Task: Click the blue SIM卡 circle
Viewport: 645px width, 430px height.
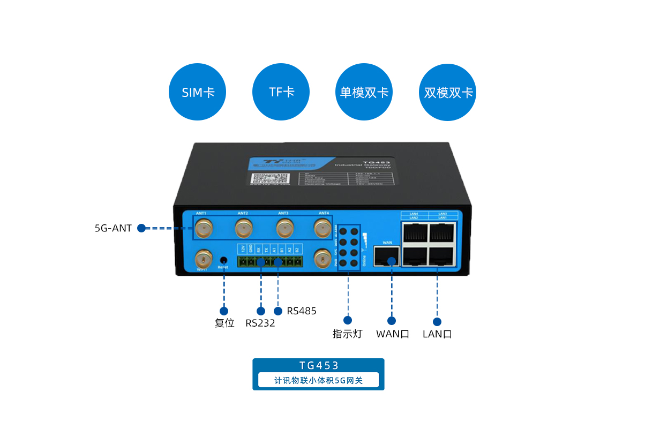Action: coord(198,92)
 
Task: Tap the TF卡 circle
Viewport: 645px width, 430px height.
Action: coord(281,92)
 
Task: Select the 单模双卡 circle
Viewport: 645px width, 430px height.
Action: coord(364,92)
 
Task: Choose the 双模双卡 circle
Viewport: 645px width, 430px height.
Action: coord(448,92)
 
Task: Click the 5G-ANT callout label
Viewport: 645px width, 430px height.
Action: coord(113,228)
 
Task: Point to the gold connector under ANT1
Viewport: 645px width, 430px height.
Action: coord(203,229)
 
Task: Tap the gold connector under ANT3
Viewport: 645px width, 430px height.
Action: coord(284,229)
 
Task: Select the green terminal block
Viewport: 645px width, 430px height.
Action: coord(270,261)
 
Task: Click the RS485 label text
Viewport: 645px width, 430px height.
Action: coord(302,311)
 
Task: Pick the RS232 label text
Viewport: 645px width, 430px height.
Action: coord(260,323)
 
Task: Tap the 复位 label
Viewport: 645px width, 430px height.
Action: coord(224,323)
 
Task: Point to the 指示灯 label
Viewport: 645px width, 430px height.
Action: coord(348,334)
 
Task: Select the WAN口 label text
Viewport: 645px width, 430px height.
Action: coord(393,334)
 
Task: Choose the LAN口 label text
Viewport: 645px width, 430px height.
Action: coord(437,334)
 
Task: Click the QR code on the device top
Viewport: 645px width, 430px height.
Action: coord(278,178)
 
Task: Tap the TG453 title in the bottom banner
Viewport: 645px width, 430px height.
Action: coord(319,366)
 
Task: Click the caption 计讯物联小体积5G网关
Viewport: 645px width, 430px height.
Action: coord(319,380)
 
